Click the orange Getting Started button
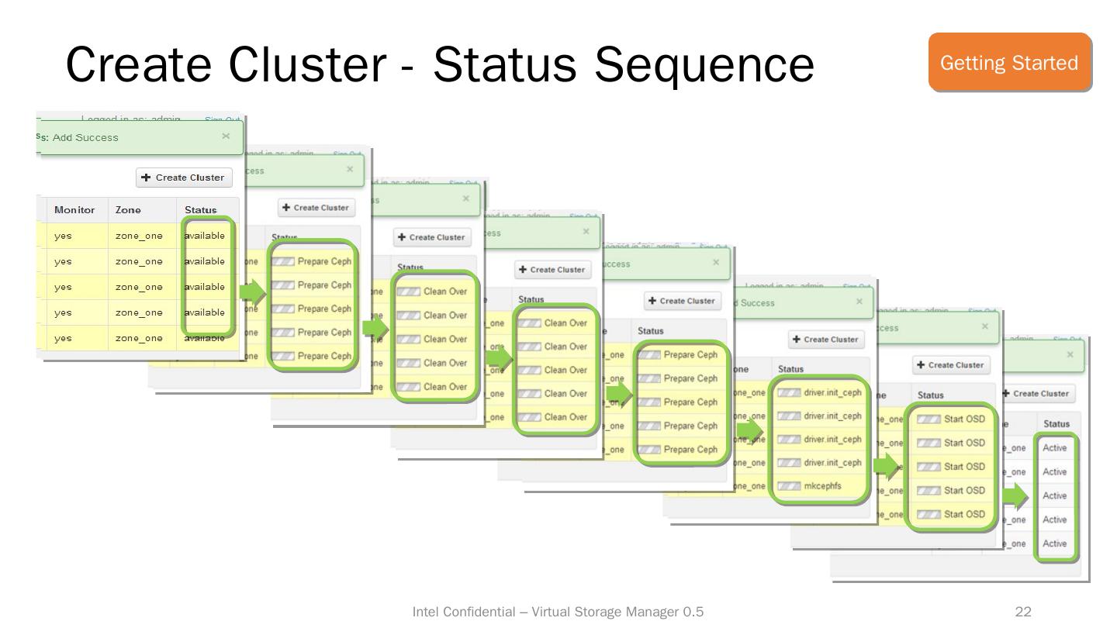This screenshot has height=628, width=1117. pyautogui.click(x=1009, y=63)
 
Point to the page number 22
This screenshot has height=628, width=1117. pyautogui.click(x=1023, y=612)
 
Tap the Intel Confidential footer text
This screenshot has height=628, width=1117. pyautogui.click(x=558, y=612)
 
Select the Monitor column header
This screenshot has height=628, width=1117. pyautogui.click(x=74, y=210)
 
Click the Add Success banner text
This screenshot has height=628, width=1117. pyautogui.click(x=85, y=137)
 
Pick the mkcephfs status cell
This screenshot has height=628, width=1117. pyautogui.click(x=822, y=486)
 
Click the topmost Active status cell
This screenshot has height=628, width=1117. pyautogui.click(x=1055, y=448)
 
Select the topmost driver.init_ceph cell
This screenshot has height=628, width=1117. pyautogui.click(x=832, y=392)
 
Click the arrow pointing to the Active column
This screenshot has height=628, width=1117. pyautogui.click(x=1015, y=495)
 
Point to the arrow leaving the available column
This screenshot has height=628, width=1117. pyautogui.click(x=251, y=292)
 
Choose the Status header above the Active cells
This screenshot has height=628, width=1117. pyautogui.click(x=1056, y=424)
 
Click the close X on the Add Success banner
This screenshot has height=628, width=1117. pyautogui.click(x=226, y=136)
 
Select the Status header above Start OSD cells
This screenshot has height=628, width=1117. pyautogui.click(x=930, y=395)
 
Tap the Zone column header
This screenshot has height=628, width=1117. pyautogui.click(x=128, y=210)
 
